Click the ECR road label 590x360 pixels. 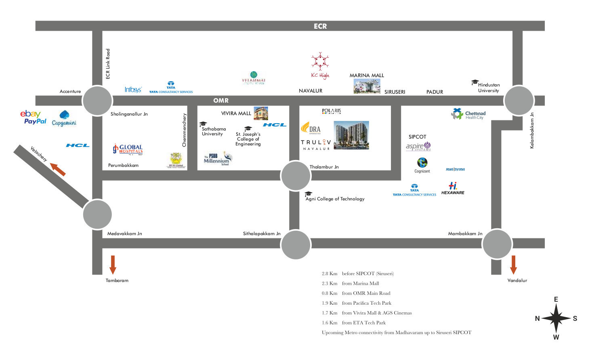(320, 26)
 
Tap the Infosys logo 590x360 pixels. (133, 89)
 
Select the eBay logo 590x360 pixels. (30, 114)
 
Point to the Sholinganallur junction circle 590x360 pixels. (97, 101)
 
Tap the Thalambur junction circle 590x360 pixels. (296, 176)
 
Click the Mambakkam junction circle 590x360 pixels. (497, 244)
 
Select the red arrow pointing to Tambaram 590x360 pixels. (113, 265)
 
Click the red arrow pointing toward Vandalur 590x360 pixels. (513, 265)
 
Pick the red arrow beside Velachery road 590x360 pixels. (58, 169)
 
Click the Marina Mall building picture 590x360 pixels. (367, 86)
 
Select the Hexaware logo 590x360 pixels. (453, 189)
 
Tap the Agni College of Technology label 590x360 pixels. (335, 199)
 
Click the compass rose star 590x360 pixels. (556, 318)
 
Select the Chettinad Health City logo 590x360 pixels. (468, 114)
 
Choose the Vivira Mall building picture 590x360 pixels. (260, 114)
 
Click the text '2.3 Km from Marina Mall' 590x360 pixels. (350, 283)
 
